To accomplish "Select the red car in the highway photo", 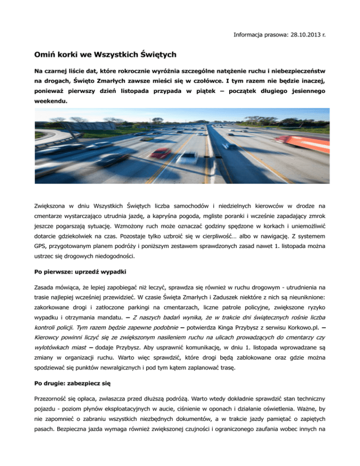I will [162, 153].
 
